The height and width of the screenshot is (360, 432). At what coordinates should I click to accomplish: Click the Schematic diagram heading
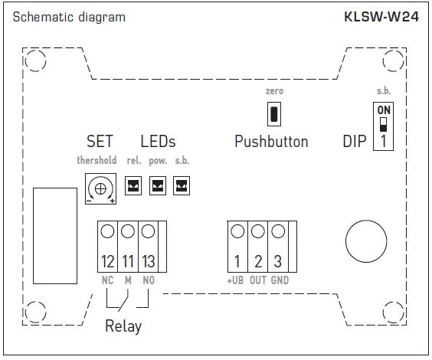(x=69, y=17)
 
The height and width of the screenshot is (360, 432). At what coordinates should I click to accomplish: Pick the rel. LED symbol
(x=133, y=185)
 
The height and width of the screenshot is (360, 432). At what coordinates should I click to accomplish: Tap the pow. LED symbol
(x=157, y=185)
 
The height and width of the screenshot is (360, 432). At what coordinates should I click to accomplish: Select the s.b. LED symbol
(x=182, y=185)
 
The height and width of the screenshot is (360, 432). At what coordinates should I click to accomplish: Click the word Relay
(x=123, y=326)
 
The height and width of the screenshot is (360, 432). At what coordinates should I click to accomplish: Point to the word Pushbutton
(x=271, y=142)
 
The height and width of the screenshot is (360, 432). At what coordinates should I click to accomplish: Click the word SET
(x=100, y=142)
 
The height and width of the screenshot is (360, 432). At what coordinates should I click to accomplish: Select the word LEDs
(x=158, y=142)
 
